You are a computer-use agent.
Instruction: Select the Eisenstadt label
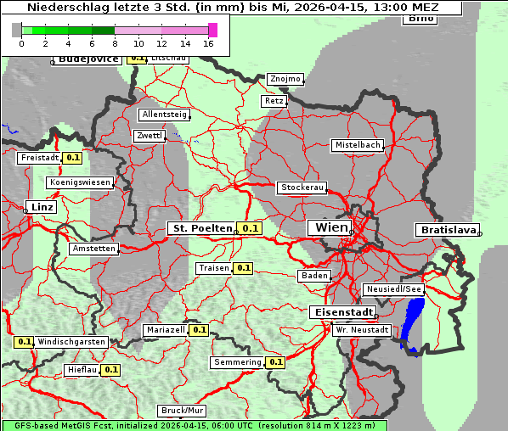coord(341,312)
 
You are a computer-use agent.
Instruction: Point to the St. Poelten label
coord(201,228)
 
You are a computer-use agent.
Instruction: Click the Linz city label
coord(40,207)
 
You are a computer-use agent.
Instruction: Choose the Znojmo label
coord(285,79)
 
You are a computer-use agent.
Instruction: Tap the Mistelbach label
coord(357,145)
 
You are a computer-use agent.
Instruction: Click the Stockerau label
coord(302,188)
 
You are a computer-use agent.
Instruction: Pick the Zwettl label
coord(149,136)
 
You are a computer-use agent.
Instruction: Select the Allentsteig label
coord(164,115)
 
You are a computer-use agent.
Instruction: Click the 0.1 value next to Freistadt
coord(73,157)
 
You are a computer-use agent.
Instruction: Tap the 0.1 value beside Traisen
coord(244,268)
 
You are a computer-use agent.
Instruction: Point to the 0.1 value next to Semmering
coord(275,362)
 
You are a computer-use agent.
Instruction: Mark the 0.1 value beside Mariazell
coord(200,330)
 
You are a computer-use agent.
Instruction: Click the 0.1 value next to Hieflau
coord(111,370)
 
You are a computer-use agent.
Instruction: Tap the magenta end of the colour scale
coord(212,30)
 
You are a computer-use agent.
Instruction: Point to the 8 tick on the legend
coord(115,43)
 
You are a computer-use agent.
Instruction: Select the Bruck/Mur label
coord(182,411)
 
